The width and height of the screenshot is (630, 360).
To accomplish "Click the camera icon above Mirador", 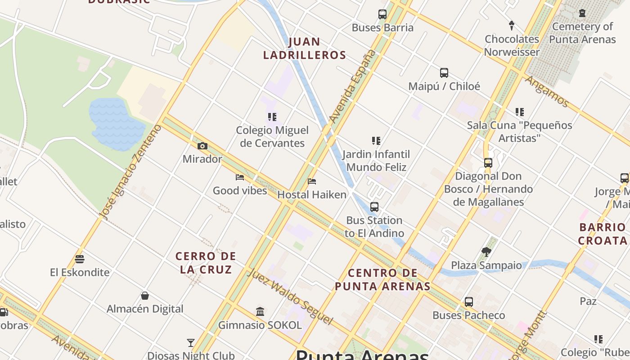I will [x=202, y=146].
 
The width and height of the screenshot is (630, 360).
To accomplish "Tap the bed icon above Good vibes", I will [x=240, y=177].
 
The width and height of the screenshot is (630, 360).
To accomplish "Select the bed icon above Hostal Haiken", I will [x=312, y=181].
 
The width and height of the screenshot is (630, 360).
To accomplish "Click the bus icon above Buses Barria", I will [x=382, y=14].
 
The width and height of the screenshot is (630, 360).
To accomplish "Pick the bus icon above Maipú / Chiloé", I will [x=444, y=72].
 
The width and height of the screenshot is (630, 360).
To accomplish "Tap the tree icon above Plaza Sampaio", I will [x=486, y=252].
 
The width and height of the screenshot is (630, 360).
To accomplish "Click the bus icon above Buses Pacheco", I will [x=469, y=301].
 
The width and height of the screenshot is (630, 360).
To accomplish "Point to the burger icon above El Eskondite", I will [x=80, y=259].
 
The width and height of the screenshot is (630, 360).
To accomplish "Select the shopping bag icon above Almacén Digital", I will [x=145, y=296].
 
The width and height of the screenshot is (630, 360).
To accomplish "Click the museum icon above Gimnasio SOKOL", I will [x=260, y=311].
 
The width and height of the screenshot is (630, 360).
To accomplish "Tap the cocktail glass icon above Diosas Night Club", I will [x=191, y=343].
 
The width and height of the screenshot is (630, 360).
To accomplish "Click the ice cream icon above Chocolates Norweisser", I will [x=512, y=25].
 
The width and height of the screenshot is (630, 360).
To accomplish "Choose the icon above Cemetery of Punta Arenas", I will [x=582, y=13].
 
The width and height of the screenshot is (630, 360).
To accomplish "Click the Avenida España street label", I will [x=353, y=86].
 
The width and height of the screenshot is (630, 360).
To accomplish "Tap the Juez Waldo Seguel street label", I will [x=290, y=296].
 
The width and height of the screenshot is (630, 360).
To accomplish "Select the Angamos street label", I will [x=547, y=91].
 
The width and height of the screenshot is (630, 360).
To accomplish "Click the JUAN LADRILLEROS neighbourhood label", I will [x=305, y=49].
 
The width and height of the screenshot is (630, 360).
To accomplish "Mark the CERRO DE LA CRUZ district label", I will [x=206, y=263].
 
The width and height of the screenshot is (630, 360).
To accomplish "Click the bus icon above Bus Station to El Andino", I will [x=374, y=207].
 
